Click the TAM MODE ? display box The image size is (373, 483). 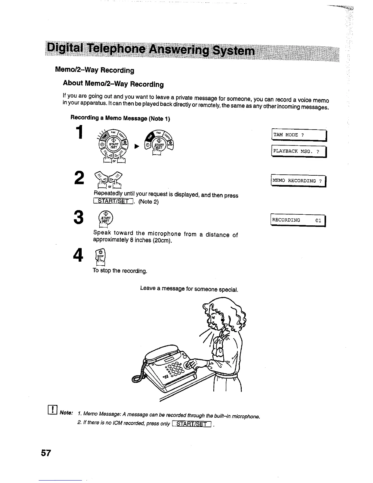tap(299, 135)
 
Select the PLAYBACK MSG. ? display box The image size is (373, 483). tap(299, 151)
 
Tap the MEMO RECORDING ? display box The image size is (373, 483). tap(298, 181)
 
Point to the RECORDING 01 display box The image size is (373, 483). tap(298, 220)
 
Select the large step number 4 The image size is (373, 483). tap(79, 255)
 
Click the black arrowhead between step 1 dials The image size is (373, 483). tap(137, 147)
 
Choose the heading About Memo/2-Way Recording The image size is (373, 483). tap(113, 84)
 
